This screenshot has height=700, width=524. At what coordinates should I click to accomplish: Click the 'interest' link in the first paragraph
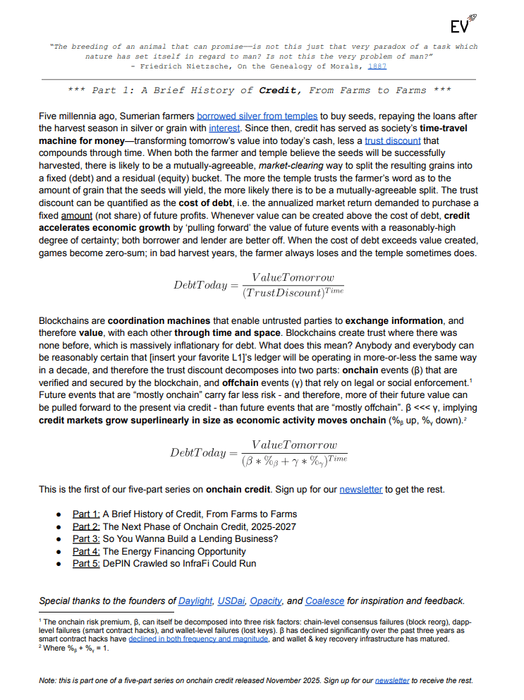pyautogui.click(x=224, y=128)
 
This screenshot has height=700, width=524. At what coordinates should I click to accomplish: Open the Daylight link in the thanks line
pyautogui.click(x=195, y=601)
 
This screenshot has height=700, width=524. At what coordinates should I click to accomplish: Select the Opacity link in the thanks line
pyautogui.click(x=266, y=601)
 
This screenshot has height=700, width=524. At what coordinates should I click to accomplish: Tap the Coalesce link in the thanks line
pyautogui.click(x=324, y=601)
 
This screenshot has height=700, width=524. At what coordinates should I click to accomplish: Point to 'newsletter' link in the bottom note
pyautogui.click(x=392, y=681)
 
